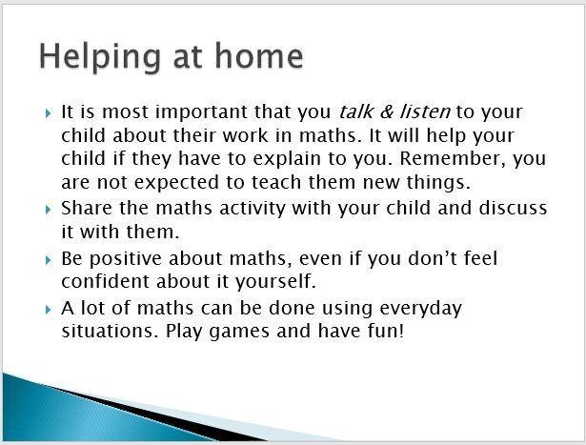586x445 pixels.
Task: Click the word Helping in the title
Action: point(100,57)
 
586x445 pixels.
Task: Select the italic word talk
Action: point(355,111)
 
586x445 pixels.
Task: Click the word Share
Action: point(87,208)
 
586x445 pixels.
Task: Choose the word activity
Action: point(253,209)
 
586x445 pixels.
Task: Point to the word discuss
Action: point(513,208)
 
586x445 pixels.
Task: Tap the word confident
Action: point(105,281)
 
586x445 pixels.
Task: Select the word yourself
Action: point(275,282)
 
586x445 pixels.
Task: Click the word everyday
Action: point(421,309)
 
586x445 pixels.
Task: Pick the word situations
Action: point(110,331)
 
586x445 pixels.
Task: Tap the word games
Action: point(239,332)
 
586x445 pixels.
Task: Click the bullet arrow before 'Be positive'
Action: point(48,259)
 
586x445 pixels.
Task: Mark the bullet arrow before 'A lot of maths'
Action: point(48,310)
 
